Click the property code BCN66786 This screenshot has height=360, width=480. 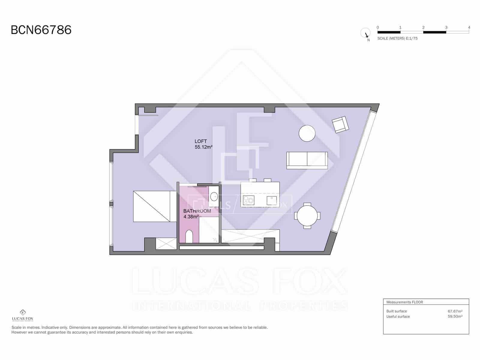[x=41, y=30]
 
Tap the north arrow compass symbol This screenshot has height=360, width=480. [x=365, y=33]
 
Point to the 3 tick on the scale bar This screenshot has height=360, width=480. [x=446, y=28]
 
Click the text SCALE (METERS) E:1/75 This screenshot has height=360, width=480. [x=397, y=38]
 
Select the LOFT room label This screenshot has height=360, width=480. [x=201, y=141]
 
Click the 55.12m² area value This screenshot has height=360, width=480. [x=203, y=147]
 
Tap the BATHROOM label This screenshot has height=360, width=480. [x=197, y=211]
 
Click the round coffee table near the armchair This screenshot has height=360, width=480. [x=307, y=133]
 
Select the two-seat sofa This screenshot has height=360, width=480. [x=307, y=160]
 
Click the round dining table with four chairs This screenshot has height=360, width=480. [x=307, y=216]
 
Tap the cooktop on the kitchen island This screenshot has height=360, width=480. [x=249, y=199]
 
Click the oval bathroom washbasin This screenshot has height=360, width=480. [x=214, y=197]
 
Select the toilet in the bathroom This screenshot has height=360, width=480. [x=189, y=236]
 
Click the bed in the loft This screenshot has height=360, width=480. [x=155, y=206]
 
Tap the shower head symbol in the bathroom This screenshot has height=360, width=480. [x=215, y=239]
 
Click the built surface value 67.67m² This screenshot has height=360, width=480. [x=455, y=311]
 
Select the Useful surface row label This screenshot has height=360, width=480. [x=398, y=316]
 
